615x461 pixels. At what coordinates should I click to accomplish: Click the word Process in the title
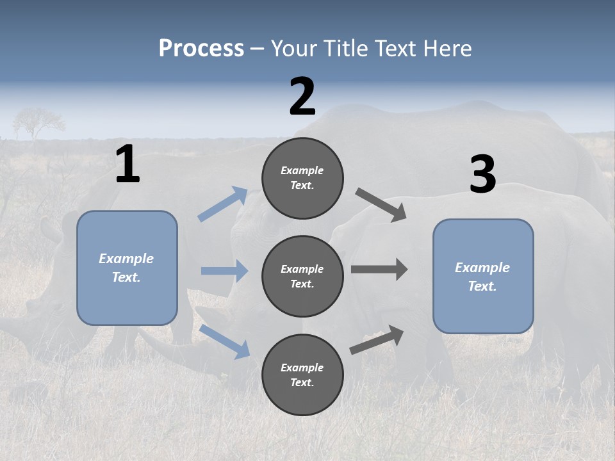coord(201,48)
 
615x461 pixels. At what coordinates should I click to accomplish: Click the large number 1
coord(127,165)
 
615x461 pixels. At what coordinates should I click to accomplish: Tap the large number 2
coord(302,97)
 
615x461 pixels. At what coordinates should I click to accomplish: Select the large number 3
coord(482,175)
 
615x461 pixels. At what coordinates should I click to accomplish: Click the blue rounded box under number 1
coord(127,268)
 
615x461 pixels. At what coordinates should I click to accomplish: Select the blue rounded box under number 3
coord(483,277)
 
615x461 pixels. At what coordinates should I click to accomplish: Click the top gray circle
coord(302,178)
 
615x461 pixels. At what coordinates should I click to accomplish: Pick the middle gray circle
coord(302,276)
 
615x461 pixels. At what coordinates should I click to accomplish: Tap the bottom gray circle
coord(302,375)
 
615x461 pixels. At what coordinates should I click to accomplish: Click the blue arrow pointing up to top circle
coord(223,204)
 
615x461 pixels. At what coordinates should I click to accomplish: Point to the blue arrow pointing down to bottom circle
coord(224,341)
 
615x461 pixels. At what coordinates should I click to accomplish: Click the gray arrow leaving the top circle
coord(381,205)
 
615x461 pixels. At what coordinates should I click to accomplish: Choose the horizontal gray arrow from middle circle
coord(379,270)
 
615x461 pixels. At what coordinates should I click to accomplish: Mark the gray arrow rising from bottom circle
coord(377,340)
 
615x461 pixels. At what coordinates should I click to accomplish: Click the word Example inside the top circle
coord(302,170)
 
